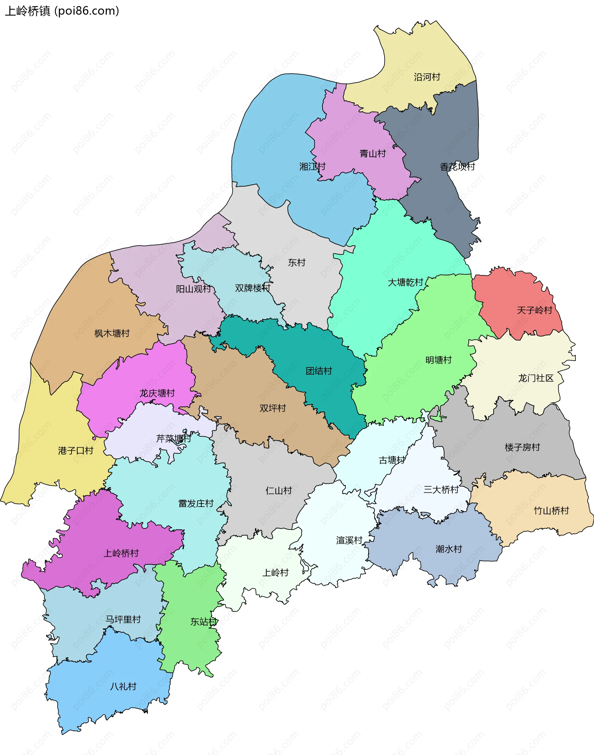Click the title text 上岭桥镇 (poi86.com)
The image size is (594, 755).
(62, 11)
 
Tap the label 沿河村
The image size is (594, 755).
(427, 77)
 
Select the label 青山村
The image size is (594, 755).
(372, 153)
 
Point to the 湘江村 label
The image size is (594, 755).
(312, 166)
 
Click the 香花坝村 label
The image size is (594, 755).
(457, 166)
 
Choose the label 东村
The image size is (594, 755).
(296, 263)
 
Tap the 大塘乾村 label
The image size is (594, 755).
(405, 282)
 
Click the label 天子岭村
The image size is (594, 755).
(534, 310)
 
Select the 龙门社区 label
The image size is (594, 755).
(536, 378)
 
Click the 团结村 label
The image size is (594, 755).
(319, 371)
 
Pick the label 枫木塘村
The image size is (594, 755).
(112, 333)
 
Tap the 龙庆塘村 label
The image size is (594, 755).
(157, 393)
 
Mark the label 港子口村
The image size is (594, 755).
(75, 451)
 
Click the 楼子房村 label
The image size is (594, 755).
(522, 447)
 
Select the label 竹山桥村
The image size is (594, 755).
(551, 511)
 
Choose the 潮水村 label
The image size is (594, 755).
(449, 549)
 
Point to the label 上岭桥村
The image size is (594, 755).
(121, 553)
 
